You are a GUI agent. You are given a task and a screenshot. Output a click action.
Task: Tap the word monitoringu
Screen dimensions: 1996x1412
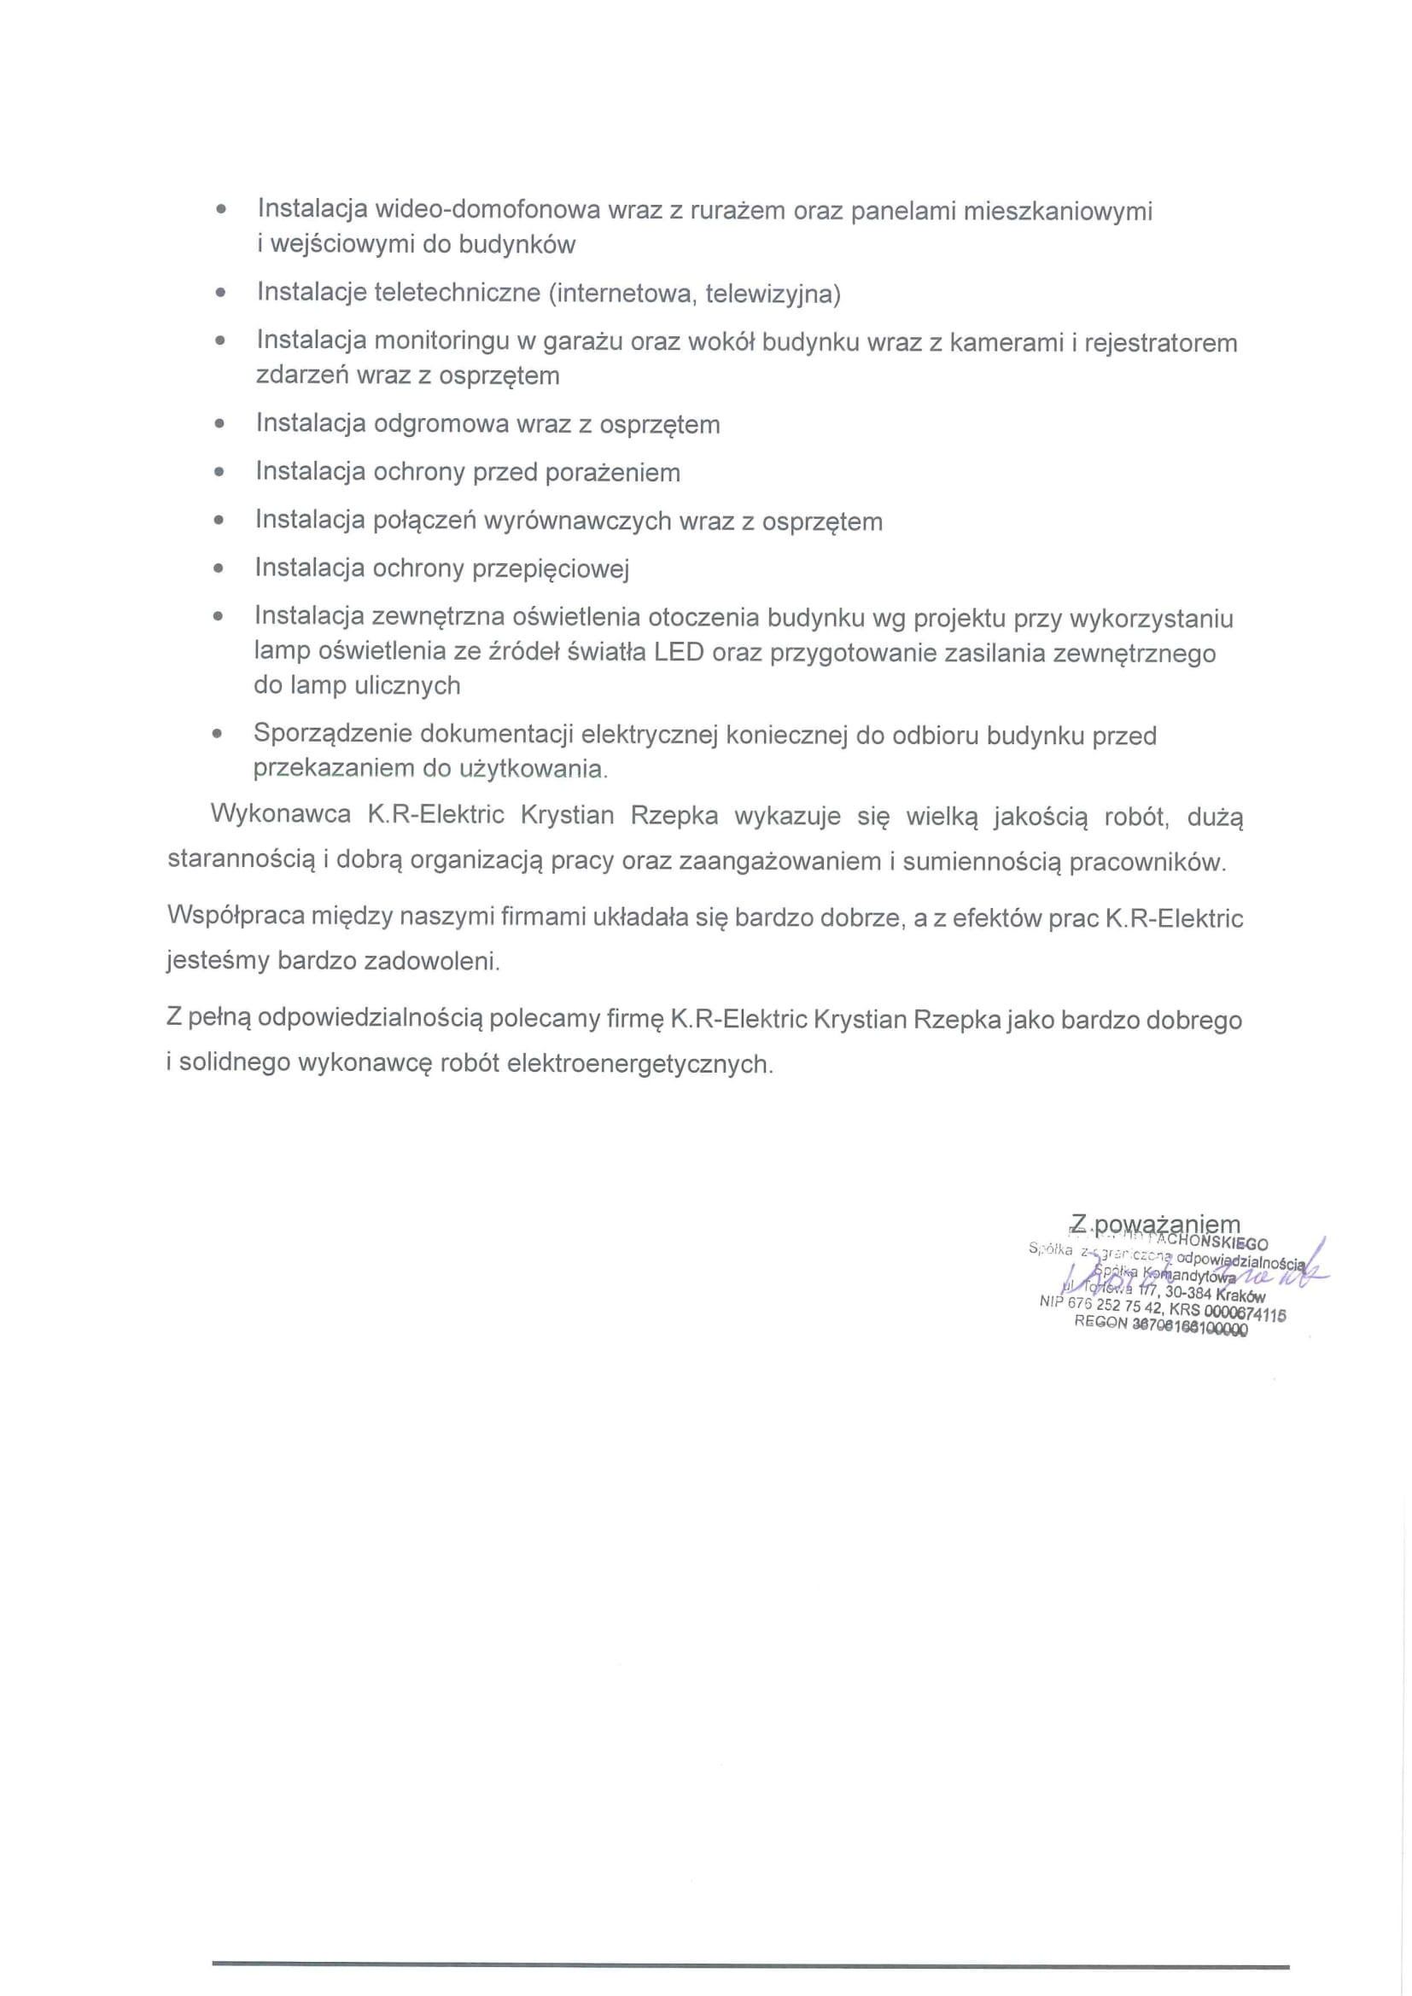pyautogui.click(x=441, y=341)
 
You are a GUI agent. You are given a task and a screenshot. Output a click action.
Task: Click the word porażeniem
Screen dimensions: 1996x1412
pyautogui.click(x=612, y=472)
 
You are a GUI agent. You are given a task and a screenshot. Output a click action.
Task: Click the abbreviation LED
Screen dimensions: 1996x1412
pyautogui.click(x=679, y=652)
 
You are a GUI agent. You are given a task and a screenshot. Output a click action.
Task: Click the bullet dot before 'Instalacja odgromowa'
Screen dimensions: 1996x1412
pyautogui.click(x=220, y=424)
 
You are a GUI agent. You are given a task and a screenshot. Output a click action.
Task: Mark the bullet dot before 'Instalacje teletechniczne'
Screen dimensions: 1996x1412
pyautogui.click(x=221, y=293)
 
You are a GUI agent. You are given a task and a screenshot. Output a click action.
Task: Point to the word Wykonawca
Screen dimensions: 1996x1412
pyautogui.click(x=281, y=816)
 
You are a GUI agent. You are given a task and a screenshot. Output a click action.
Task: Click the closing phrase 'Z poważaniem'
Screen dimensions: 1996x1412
pyautogui.click(x=1156, y=1224)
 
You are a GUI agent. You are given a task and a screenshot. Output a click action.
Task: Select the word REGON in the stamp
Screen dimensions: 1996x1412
pyautogui.click(x=1100, y=1322)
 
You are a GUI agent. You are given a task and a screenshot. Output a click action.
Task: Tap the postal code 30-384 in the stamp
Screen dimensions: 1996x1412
pyautogui.click(x=1188, y=1294)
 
